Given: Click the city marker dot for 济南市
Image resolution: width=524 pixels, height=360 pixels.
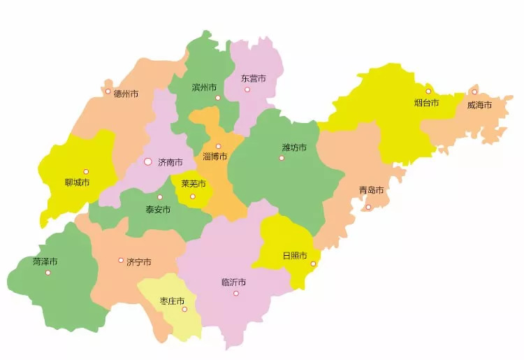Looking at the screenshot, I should [147, 161].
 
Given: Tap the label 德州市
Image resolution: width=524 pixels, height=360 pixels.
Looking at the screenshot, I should [126, 93].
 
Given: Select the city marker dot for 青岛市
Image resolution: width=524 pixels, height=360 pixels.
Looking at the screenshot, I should [369, 207].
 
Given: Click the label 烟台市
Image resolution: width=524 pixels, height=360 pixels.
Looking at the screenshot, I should [426, 103].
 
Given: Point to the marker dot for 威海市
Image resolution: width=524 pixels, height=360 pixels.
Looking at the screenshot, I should [474, 92].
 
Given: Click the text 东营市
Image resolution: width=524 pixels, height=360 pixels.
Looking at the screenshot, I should [253, 78].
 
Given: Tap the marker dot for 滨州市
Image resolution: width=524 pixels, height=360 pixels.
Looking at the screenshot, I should [218, 98].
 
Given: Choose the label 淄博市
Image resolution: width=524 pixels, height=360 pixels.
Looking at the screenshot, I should [214, 156].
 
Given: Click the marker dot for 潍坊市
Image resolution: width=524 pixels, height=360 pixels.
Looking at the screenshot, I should [282, 158].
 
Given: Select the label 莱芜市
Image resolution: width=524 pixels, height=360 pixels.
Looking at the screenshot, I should [194, 184].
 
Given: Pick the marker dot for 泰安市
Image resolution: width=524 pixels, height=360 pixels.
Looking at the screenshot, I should [159, 197].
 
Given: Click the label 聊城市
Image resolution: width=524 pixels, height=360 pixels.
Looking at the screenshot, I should [77, 182].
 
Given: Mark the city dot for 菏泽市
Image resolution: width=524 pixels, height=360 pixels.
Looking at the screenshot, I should [48, 273].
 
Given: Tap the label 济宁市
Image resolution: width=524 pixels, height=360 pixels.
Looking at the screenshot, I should [138, 262].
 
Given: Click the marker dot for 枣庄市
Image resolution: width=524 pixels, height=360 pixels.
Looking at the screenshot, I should [185, 310].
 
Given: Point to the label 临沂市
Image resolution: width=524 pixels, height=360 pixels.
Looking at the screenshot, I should [233, 282].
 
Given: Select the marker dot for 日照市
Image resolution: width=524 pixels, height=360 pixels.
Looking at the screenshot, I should [313, 264].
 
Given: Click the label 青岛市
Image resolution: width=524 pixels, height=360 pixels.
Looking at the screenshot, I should [371, 190].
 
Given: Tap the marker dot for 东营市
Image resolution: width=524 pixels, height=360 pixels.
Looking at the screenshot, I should [247, 89].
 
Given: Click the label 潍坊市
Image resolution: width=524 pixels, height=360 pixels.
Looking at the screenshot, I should [294, 147].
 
